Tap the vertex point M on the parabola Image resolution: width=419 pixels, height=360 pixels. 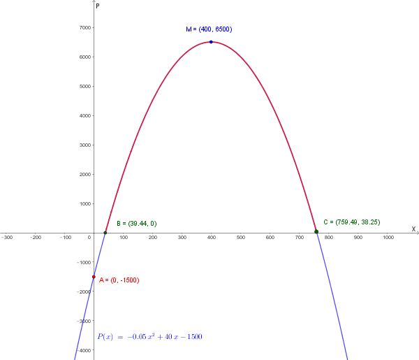click(x=211, y=42)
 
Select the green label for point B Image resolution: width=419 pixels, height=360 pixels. click(x=136, y=224)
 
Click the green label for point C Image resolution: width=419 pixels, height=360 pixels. click(x=351, y=222)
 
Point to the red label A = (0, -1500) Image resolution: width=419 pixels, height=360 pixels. click(x=119, y=280)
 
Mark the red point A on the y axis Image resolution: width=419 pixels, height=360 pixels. click(x=94, y=277)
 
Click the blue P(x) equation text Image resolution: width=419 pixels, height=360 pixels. click(x=150, y=337)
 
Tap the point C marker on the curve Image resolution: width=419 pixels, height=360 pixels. click(x=316, y=231)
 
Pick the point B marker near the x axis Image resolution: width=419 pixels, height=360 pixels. click(x=105, y=233)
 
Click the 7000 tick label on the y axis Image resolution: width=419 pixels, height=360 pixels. click(x=84, y=28)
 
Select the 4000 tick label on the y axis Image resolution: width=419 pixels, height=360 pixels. click(x=84, y=116)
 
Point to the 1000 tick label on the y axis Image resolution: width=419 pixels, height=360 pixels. click(x=84, y=204)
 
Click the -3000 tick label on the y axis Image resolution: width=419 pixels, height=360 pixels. click(x=83, y=321)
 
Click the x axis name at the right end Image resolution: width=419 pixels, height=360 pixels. click(x=413, y=229)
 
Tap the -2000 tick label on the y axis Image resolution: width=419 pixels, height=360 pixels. click(x=83, y=291)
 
